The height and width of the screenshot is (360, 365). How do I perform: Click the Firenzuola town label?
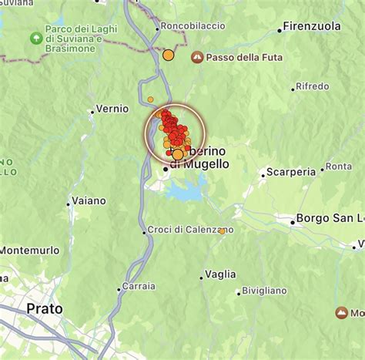tap(312, 26)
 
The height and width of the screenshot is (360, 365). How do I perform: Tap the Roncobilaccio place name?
tap(193, 25)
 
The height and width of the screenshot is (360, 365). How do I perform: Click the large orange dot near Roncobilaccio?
tap(168, 55)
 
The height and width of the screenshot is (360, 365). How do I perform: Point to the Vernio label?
tap(112, 109)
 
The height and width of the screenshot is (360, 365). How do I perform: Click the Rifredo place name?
tap(312, 86)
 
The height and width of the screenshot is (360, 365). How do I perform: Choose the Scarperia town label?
tap(290, 172)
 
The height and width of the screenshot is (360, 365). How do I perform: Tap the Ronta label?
tap(339, 166)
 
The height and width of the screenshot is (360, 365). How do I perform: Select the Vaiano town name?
tap(89, 200)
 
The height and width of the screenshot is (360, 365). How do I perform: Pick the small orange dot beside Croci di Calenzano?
tap(222, 230)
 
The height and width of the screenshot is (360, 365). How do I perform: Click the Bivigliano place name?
tap(263, 291)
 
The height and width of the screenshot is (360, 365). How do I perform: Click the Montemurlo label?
tap(29, 250)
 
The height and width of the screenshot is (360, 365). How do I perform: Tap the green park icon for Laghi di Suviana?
tap(35, 38)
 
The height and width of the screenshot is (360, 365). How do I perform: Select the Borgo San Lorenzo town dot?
tap(293, 222)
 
